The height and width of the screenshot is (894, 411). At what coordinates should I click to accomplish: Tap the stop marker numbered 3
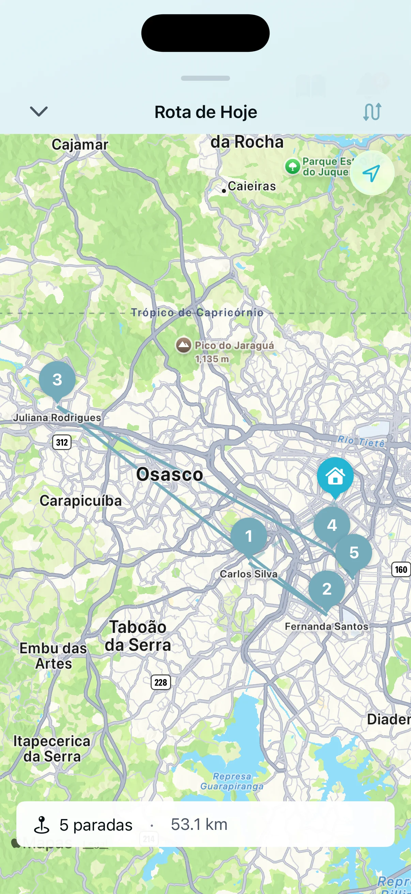coord(57,379)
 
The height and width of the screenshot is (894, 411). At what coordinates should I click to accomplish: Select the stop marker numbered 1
coord(249,536)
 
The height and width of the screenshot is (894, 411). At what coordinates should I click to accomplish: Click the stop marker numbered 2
coord(327,588)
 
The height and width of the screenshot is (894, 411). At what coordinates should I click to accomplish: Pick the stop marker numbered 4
coord(332,525)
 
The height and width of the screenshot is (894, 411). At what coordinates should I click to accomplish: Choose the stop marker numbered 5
coord(354,552)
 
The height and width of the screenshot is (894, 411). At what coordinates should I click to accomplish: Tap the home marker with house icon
coord(335,476)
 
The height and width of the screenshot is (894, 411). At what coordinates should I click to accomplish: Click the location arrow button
coord(371,173)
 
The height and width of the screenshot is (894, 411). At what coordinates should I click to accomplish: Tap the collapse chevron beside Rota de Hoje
coord(39,112)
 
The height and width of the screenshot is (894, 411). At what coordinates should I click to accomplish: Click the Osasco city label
coord(169,474)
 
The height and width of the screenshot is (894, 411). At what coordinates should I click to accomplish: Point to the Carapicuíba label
coord(80,501)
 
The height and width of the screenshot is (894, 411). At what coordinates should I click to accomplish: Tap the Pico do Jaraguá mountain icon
coord(183,345)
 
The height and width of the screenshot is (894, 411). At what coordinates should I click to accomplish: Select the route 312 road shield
coord(62,442)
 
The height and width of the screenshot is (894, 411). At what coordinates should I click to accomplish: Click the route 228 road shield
coord(161,682)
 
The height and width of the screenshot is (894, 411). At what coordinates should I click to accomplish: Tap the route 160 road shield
coord(401,569)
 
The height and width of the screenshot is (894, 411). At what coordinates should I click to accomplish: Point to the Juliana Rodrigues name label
coord(57,417)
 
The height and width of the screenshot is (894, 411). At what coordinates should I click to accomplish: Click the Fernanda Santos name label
coord(326,626)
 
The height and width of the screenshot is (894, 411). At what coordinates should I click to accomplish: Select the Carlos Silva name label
coord(249,574)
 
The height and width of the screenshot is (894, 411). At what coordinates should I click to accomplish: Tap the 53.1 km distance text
coord(199,824)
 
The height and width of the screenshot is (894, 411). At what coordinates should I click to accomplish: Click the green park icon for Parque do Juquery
coord(292,167)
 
